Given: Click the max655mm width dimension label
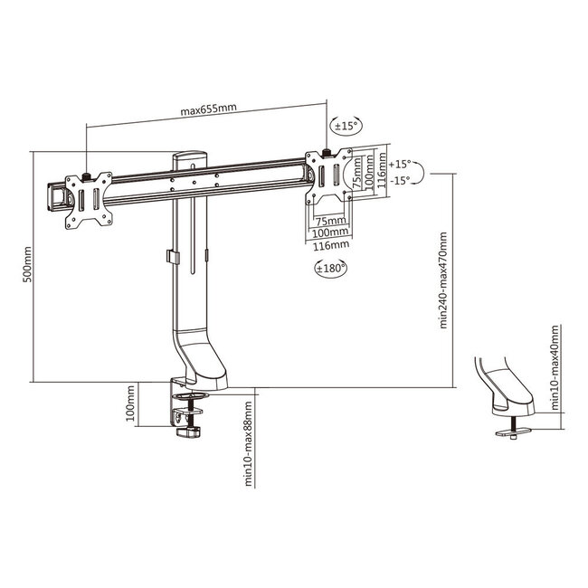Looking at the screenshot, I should click(x=208, y=111).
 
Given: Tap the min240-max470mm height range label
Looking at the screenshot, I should click(x=442, y=281).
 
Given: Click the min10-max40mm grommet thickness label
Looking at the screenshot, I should click(x=553, y=372).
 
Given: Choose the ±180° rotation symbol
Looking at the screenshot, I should click(x=330, y=270).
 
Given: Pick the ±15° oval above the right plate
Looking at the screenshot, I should click(x=345, y=128).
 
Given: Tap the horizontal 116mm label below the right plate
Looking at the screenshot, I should click(x=330, y=244).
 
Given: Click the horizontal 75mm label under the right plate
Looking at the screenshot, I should click(x=330, y=220).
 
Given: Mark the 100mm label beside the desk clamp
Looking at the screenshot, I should click(x=132, y=403).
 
